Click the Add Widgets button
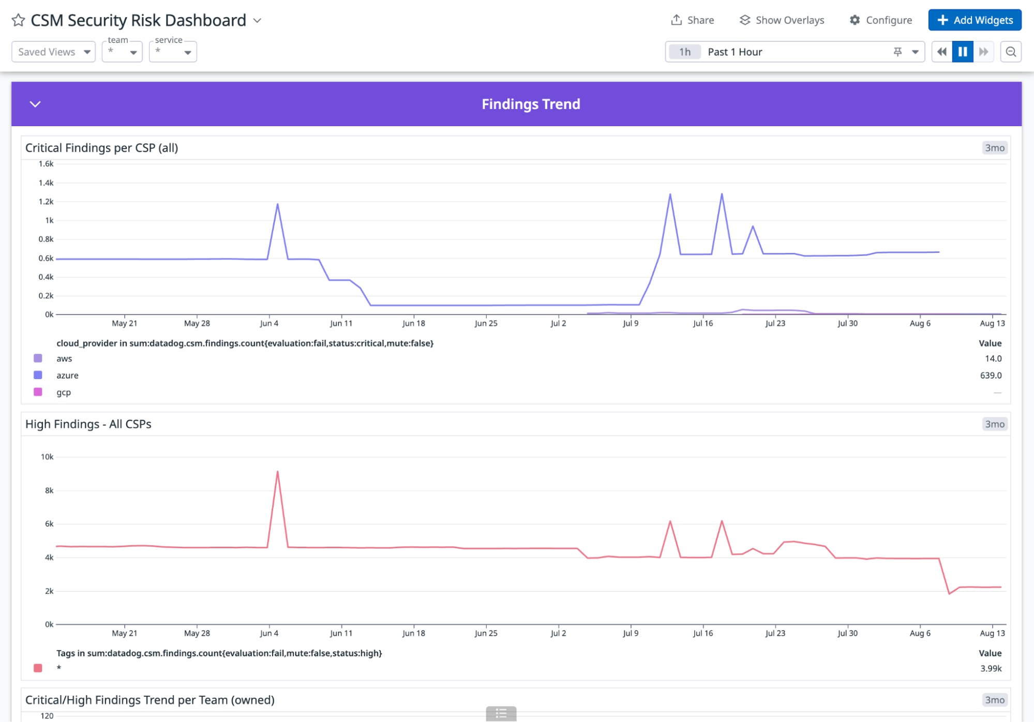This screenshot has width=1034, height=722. click(975, 20)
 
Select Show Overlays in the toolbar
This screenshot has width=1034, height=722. click(782, 20)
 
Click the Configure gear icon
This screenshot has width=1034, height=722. click(855, 20)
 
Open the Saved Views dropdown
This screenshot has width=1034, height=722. click(54, 52)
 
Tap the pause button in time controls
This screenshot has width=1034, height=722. click(963, 52)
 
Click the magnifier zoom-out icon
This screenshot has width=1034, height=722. click(1011, 52)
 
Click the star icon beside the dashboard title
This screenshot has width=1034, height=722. click(19, 20)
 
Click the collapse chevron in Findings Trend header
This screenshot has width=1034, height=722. click(35, 104)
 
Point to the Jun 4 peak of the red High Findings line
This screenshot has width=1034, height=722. click(278, 472)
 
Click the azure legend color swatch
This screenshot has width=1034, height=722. click(38, 375)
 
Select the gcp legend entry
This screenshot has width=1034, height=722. click(64, 392)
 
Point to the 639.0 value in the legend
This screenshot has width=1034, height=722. click(991, 375)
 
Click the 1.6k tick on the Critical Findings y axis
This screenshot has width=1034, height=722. click(46, 164)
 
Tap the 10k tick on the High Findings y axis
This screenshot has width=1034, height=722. click(47, 457)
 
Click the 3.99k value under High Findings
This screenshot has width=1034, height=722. click(991, 668)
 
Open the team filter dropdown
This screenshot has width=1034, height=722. click(122, 52)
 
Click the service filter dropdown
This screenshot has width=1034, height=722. click(173, 52)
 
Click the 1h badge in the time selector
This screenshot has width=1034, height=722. click(684, 52)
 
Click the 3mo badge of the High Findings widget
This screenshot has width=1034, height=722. click(994, 424)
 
